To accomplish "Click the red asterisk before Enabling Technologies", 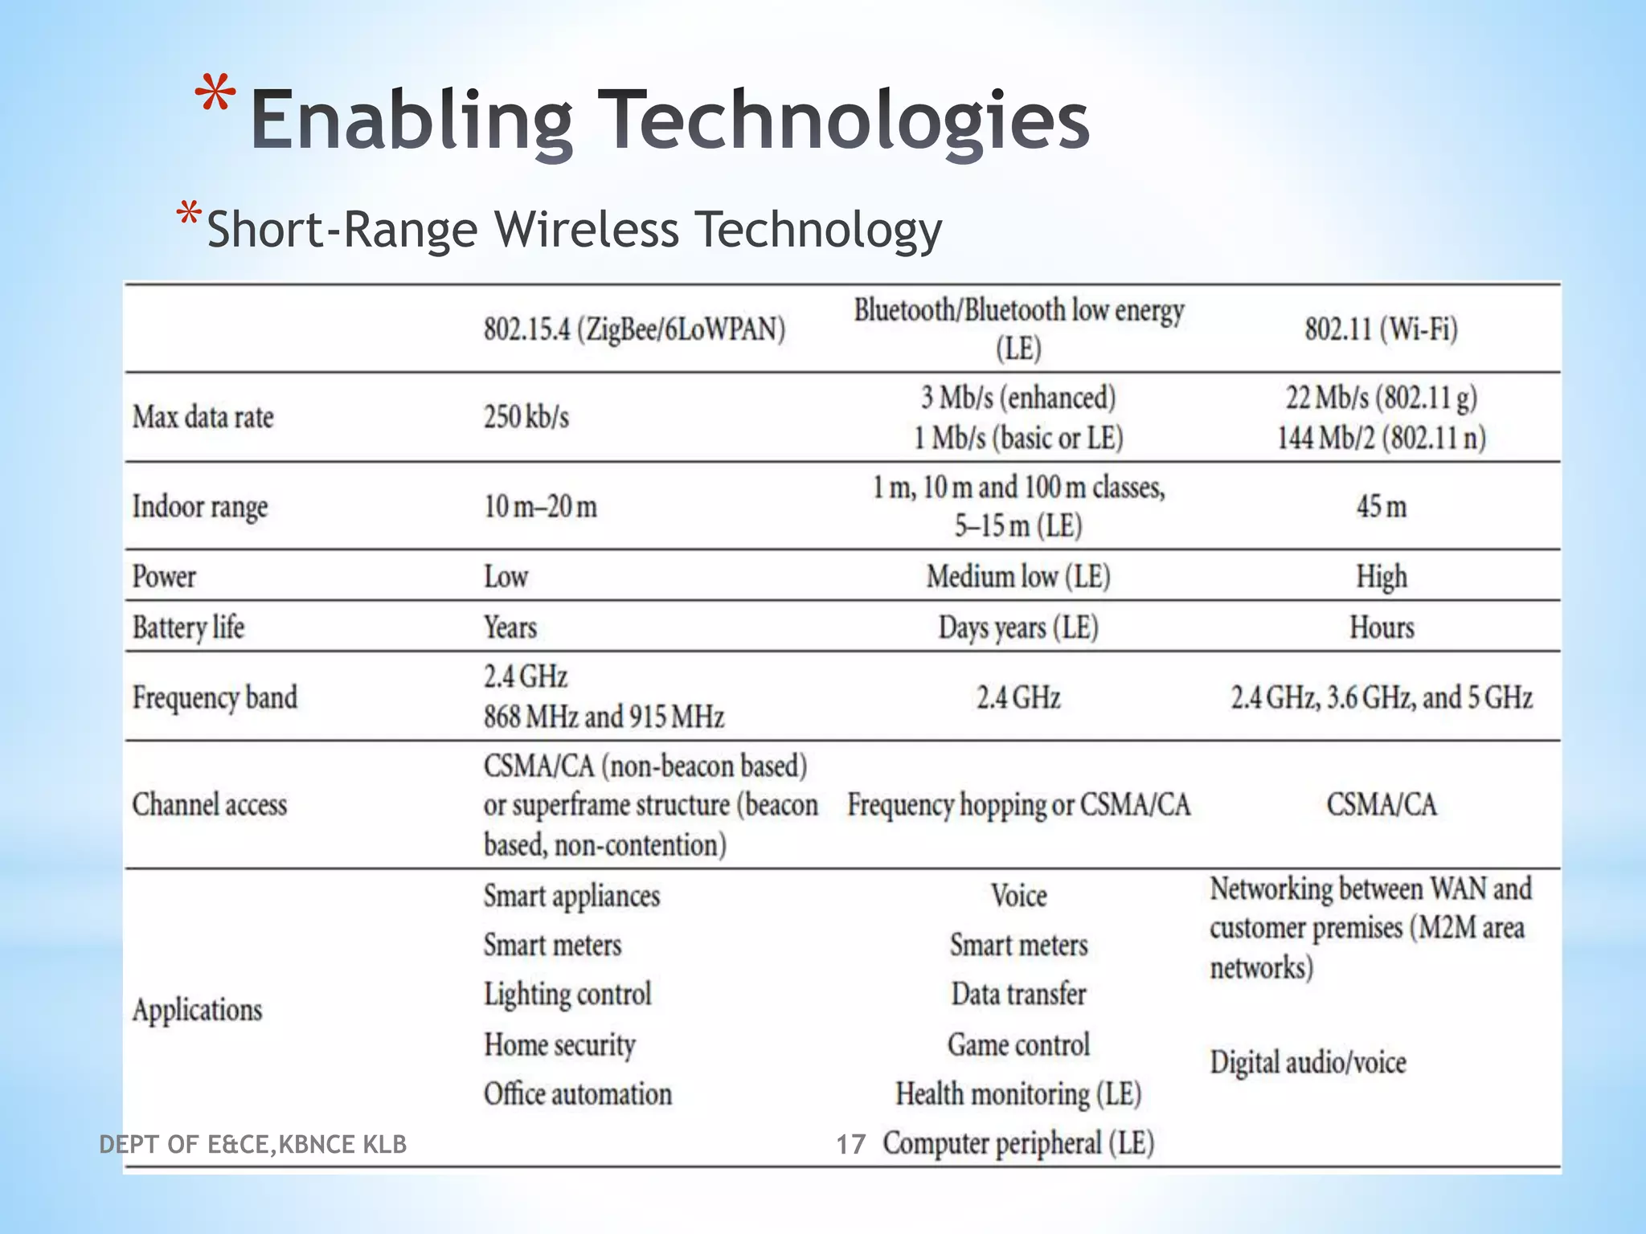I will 215,96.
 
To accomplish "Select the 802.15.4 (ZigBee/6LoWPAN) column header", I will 634,329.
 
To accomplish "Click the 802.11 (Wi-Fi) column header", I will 1381,329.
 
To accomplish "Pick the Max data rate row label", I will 203,417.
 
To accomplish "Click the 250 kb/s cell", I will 526,417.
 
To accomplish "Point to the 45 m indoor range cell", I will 1381,506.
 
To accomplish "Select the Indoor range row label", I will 199,507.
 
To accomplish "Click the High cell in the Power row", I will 1381,576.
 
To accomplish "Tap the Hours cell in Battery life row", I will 1381,627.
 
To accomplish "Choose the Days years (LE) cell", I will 1017,627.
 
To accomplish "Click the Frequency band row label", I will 215,697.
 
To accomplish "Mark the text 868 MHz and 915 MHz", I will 604,716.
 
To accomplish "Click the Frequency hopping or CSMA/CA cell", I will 1018,805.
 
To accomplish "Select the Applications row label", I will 197,1010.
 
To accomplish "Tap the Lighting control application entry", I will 567,995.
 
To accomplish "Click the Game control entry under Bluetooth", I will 1018,1044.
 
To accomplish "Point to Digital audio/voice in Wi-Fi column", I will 1308,1063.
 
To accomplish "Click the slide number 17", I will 850,1144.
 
